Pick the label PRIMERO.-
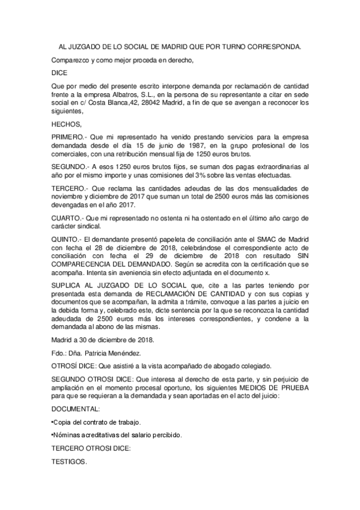(x=69, y=138)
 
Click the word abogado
(x=226, y=366)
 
